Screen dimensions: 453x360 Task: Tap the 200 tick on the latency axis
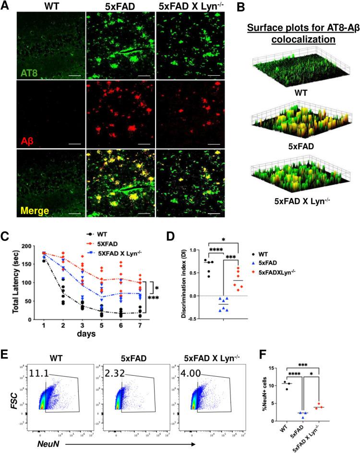[x=24, y=246]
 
